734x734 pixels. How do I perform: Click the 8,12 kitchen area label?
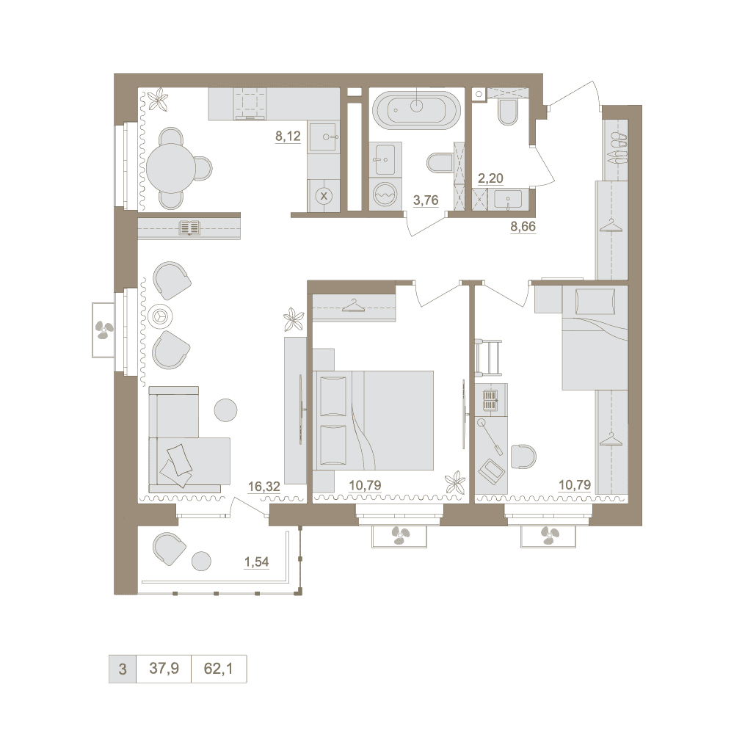(288, 137)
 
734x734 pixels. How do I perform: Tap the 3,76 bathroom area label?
(426, 200)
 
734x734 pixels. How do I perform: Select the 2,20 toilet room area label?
(490, 178)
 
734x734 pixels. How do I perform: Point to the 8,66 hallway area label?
(523, 226)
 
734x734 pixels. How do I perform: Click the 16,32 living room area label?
(264, 487)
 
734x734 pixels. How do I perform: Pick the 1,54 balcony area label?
(256, 562)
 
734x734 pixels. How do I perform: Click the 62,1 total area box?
(219, 669)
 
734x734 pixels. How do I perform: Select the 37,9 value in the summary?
(164, 668)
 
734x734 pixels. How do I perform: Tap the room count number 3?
(123, 669)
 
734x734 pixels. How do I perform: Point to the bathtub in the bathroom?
(416, 110)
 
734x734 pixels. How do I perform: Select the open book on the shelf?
(189, 228)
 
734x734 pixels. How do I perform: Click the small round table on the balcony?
(201, 561)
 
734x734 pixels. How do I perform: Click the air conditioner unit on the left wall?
(103, 330)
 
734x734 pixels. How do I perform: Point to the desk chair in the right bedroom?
(523, 457)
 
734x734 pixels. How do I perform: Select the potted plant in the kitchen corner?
(159, 99)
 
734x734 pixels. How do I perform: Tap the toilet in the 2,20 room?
(508, 112)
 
